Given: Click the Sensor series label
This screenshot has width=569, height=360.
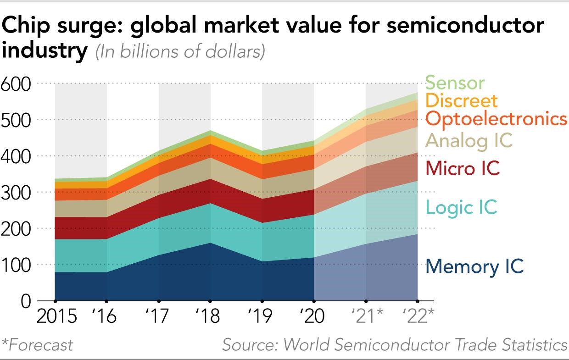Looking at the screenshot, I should (455, 83).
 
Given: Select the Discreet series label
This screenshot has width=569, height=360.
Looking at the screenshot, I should (461, 100).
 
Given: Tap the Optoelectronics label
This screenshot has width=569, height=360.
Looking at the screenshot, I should (496, 119).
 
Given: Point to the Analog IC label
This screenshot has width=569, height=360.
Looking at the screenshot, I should (469, 140).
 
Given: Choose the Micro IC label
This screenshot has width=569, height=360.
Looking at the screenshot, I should (462, 168).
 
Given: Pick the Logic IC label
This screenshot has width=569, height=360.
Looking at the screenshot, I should (461, 207).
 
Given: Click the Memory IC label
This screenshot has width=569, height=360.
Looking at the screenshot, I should (474, 266).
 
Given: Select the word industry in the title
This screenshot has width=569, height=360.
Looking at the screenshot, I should (45, 51).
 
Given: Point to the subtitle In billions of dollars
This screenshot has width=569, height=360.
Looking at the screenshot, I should (180, 52).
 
